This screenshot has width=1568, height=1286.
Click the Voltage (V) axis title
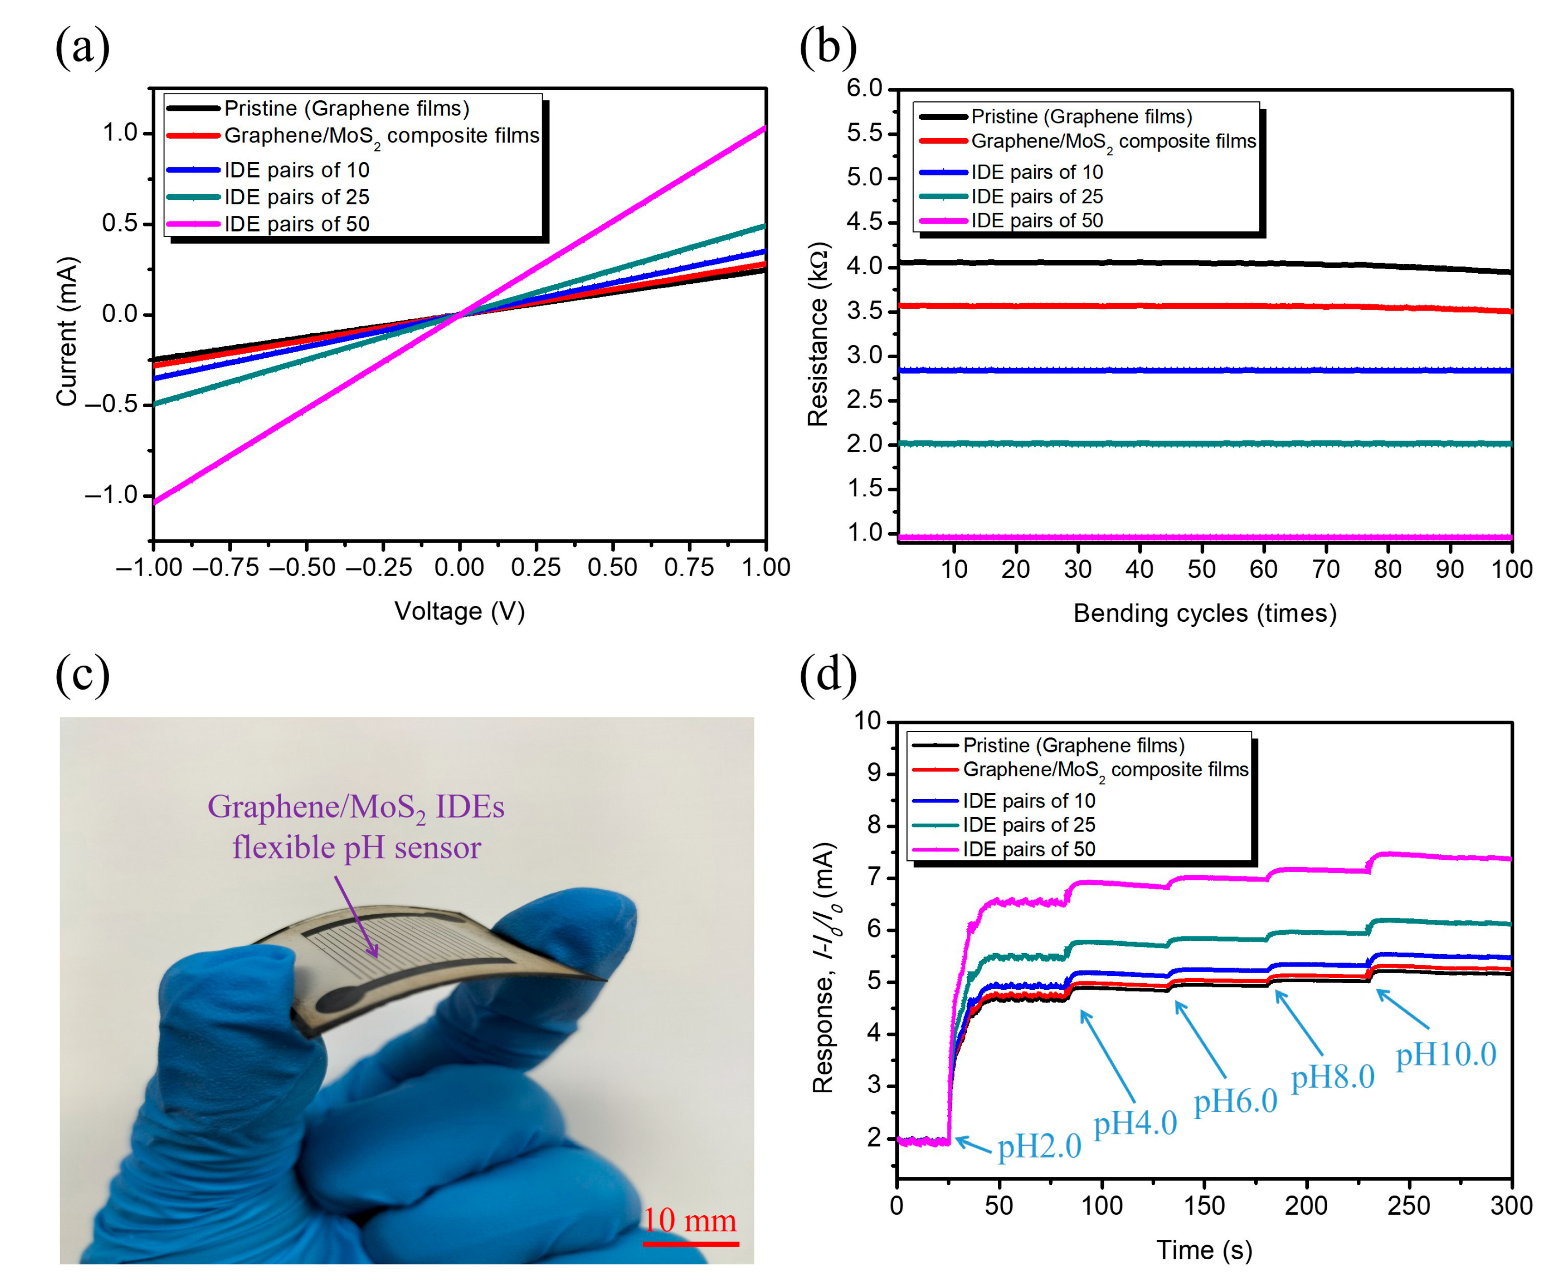[x=459, y=611]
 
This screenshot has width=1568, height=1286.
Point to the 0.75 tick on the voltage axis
[x=689, y=568]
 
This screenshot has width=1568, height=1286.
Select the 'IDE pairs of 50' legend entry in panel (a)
[x=296, y=224]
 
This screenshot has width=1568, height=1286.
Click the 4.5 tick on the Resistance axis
[x=865, y=221]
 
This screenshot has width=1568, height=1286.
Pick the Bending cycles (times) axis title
[x=1204, y=613]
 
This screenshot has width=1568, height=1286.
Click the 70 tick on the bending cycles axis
[x=1326, y=569]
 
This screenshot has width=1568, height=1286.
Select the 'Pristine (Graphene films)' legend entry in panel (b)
[x=1081, y=116]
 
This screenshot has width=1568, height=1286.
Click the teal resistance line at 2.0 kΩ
[x=1200, y=444]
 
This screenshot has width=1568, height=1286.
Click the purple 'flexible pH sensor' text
[x=356, y=847]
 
